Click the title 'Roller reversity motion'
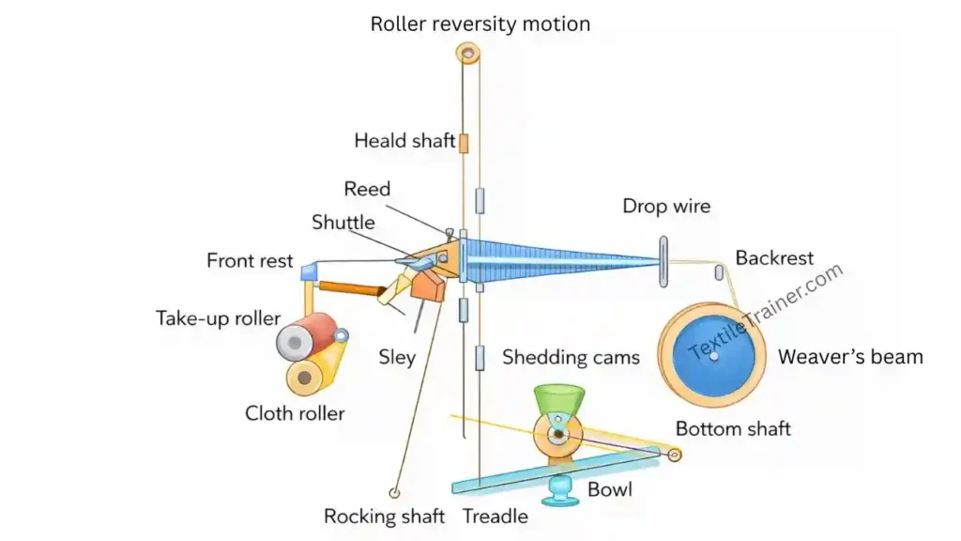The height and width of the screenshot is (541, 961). [x=480, y=23]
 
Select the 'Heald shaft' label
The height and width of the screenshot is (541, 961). [x=404, y=141]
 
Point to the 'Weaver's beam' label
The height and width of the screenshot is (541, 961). [x=850, y=357]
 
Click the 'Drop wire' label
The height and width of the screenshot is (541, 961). [x=666, y=206]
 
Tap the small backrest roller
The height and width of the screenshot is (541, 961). [x=720, y=273]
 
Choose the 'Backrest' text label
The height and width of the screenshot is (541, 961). [x=774, y=257]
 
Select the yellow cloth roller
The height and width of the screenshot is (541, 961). [x=305, y=378]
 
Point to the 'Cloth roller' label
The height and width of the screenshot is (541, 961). [x=295, y=413]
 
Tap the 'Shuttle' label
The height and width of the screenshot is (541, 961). [x=343, y=223]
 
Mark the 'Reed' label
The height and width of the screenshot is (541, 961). [x=367, y=189]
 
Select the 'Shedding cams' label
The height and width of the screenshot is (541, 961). [x=571, y=357]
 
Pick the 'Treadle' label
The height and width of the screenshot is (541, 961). [x=496, y=517]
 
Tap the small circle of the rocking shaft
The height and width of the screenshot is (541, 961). [x=395, y=491]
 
